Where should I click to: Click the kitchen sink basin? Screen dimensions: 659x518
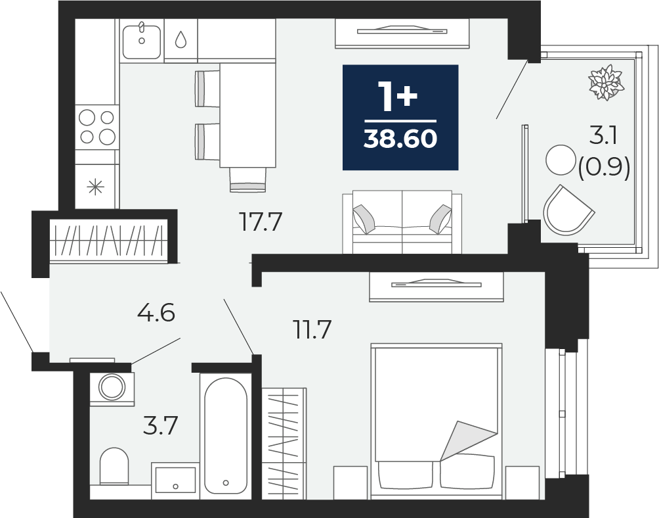coord(142,41)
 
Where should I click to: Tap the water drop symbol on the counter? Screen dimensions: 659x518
coord(181,39)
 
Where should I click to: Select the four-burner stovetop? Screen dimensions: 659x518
coord(97,127)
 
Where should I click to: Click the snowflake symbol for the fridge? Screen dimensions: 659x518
coord(95,187)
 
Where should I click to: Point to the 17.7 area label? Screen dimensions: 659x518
coord(260,222)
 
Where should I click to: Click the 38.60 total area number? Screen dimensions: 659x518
coord(400,139)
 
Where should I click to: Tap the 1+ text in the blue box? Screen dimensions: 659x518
coord(398,97)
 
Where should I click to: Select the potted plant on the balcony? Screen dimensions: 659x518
coord(606,82)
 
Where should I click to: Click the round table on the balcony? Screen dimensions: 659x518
coord(561,160)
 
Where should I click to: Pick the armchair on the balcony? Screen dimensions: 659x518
coord(567,210)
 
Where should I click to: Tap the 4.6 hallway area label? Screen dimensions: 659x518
coord(156,313)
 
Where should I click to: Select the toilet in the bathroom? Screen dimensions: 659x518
coord(114,466)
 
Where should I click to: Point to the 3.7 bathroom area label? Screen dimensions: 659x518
coord(161,425)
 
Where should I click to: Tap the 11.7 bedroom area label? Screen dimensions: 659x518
coord(312,329)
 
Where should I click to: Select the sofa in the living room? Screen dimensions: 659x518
coord(402,222)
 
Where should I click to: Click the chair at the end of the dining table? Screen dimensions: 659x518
coord(248,179)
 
